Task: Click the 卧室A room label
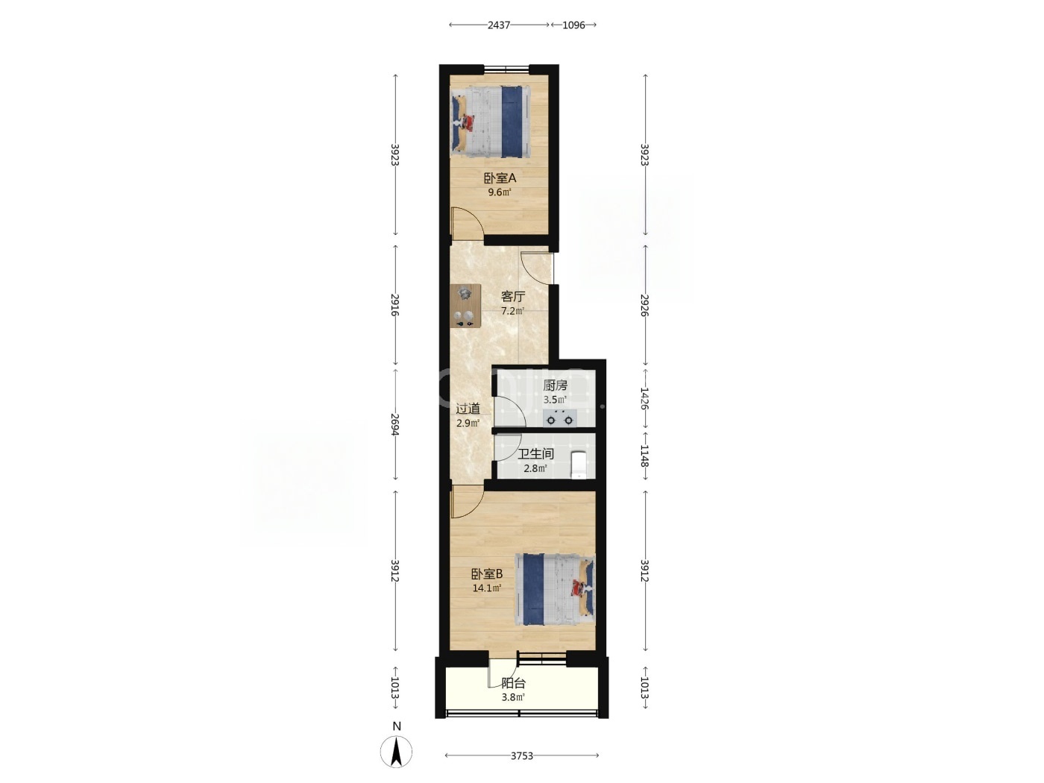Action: point(500,178)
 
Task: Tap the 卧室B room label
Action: point(486,574)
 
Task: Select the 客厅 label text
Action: point(513,297)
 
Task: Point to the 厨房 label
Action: point(555,385)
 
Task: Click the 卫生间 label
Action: point(535,453)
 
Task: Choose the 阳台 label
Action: point(513,684)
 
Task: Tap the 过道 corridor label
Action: point(468,409)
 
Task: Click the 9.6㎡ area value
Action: point(500,192)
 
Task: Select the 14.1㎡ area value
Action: point(486,588)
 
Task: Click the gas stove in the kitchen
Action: point(559,418)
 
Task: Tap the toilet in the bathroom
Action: point(579,465)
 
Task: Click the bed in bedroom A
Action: point(491,122)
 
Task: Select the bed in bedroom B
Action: point(555,590)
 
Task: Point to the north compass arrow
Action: point(396,752)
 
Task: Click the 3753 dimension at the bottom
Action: point(522,755)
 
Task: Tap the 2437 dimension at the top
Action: point(498,25)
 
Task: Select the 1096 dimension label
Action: point(573,25)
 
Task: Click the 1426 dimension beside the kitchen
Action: point(644,398)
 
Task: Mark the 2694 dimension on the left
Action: point(394,424)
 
